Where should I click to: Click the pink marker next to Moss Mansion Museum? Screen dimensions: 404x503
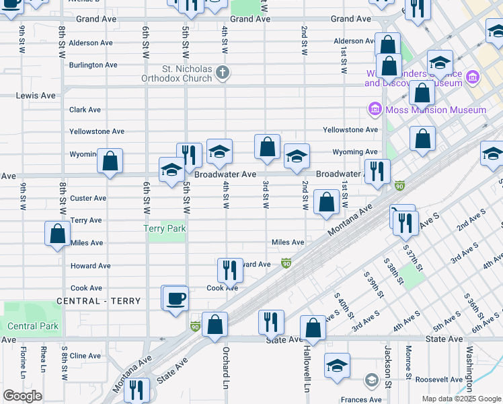click(374, 108)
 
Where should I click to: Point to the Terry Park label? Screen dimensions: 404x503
click(165, 229)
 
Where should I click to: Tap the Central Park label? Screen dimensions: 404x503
click(33, 326)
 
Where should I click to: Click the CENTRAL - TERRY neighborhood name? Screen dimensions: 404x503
click(99, 301)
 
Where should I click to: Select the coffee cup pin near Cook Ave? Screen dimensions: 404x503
click(176, 298)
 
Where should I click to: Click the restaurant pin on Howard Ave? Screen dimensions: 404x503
click(230, 270)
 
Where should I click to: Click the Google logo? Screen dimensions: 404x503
click(22, 396)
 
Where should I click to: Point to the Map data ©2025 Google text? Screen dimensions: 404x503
click(462, 399)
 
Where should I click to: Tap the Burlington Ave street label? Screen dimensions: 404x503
click(93, 65)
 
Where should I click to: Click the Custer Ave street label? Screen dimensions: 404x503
click(88, 198)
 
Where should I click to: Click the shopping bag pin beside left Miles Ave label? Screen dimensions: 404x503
click(58, 234)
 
